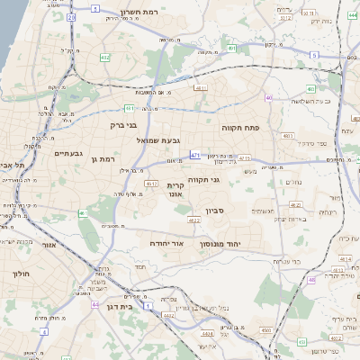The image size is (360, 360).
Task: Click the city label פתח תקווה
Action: (240, 129)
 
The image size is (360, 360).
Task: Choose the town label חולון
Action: (20, 272)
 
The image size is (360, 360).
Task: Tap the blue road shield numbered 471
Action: (196, 155)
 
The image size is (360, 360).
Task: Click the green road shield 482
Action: (105, 58)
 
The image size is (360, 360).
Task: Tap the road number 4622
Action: (194, 219)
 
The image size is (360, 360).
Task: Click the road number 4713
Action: (245, 158)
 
